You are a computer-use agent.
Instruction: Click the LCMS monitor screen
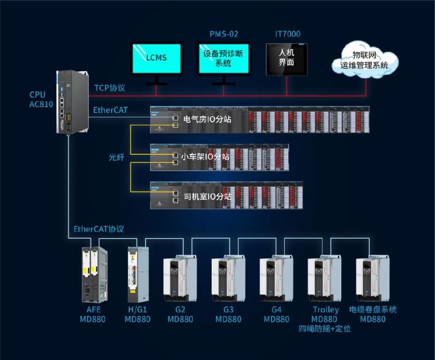(156, 58)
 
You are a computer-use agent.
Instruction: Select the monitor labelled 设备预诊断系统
(223, 58)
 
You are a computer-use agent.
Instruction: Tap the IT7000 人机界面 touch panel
(286, 59)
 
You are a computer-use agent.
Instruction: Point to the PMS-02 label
(224, 34)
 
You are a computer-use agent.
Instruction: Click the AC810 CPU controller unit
(72, 101)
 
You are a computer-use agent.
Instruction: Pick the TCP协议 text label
(109, 88)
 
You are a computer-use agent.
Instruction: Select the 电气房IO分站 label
(207, 119)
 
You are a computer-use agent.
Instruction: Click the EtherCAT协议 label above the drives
(99, 229)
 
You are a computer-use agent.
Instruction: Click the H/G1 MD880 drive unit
(137, 274)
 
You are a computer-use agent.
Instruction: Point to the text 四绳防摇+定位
(325, 329)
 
